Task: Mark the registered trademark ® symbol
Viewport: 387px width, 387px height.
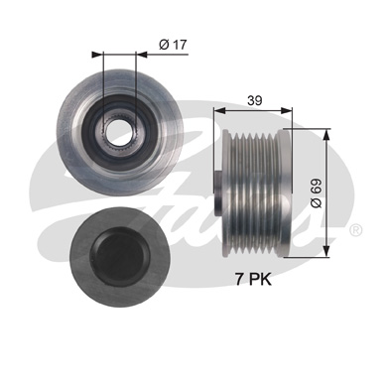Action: [x=355, y=229]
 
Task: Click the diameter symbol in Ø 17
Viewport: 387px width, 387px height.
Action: [x=162, y=44]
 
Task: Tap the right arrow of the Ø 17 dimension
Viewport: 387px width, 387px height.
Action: [x=135, y=55]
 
